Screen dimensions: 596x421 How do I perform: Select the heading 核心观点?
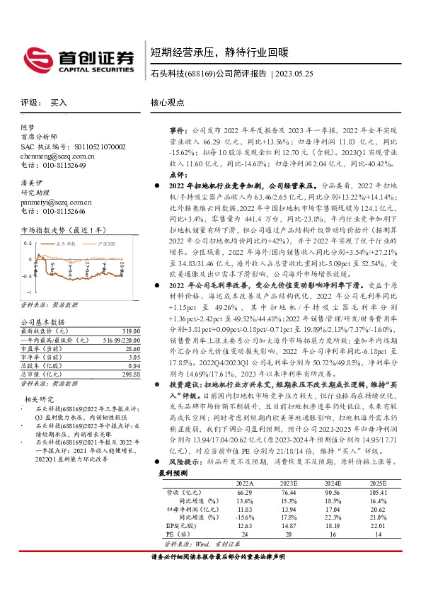pos(167,102)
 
